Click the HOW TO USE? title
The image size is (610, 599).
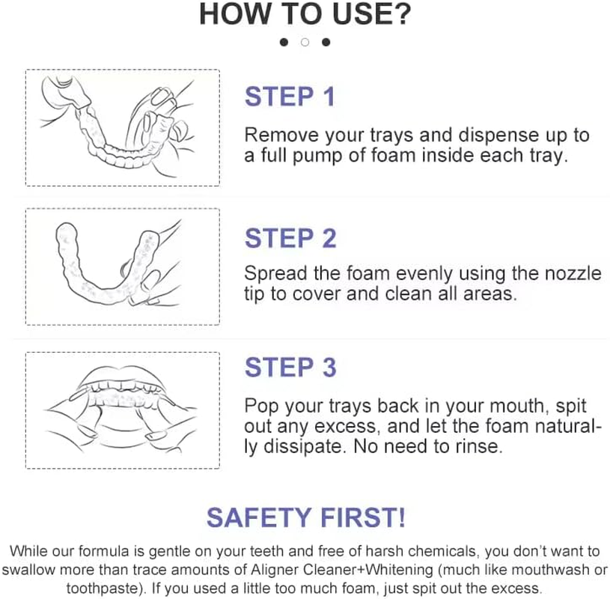point(305,15)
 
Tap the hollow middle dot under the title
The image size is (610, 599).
point(305,42)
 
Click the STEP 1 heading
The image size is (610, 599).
point(290,97)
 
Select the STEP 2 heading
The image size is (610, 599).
point(290,238)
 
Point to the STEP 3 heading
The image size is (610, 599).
point(290,368)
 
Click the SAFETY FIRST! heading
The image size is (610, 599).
point(306,517)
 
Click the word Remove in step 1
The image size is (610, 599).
point(277,136)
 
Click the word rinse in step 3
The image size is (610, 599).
point(478,446)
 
